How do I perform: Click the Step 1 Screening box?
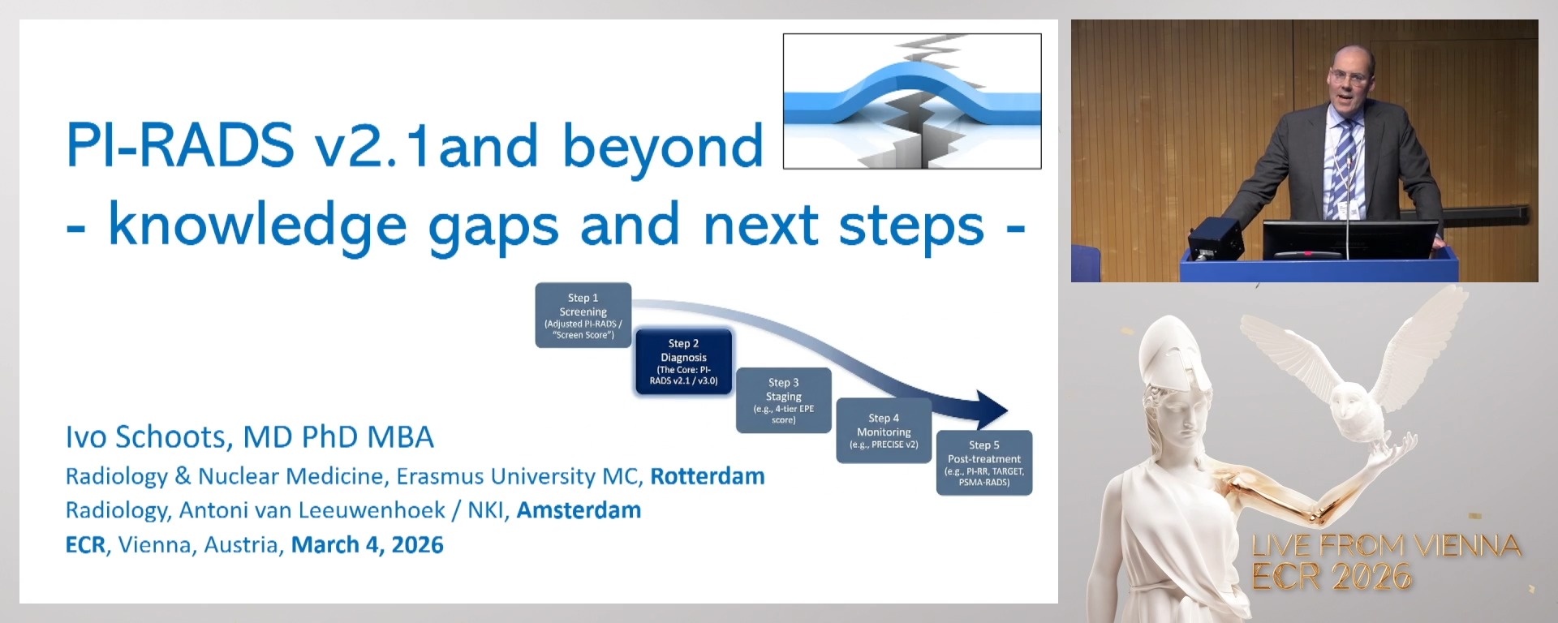pyautogui.click(x=583, y=315)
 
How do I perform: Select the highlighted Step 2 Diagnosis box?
pyautogui.click(x=683, y=362)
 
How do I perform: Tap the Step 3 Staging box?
pyautogui.click(x=783, y=400)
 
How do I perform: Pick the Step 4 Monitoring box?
pyautogui.click(x=884, y=431)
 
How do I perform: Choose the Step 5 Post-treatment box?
pyautogui.click(x=984, y=462)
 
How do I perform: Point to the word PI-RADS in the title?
pyautogui.click(x=179, y=145)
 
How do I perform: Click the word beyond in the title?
pyautogui.click(x=663, y=147)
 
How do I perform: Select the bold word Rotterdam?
pyautogui.click(x=708, y=476)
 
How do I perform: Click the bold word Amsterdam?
pyautogui.click(x=579, y=510)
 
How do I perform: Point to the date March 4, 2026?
pyautogui.click(x=368, y=545)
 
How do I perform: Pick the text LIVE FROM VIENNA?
pyautogui.click(x=1386, y=546)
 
